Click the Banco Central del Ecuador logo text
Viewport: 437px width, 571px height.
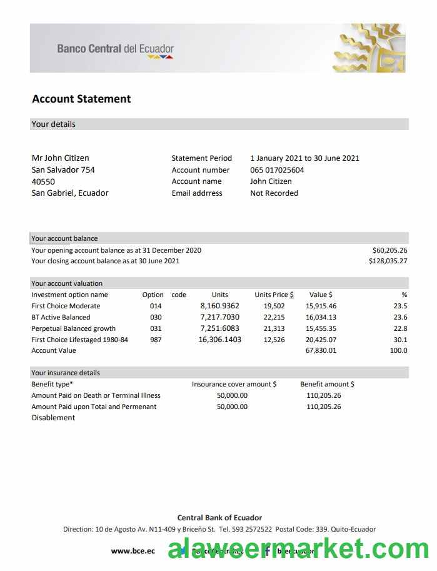coord(116,49)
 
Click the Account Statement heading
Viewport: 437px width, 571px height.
coord(81,99)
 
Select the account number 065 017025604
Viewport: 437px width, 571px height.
coord(277,170)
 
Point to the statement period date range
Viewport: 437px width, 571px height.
coord(304,158)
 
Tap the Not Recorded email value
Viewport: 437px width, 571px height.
coord(274,193)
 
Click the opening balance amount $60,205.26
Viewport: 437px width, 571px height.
coord(389,250)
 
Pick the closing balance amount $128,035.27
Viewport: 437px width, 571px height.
coord(388,261)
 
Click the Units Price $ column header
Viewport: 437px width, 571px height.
coord(274,295)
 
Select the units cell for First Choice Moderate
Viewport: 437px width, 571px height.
coord(219,306)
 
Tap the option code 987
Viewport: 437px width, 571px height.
coord(156,340)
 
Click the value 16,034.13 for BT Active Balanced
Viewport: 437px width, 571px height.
coord(321,317)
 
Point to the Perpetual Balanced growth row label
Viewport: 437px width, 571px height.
coord(73,328)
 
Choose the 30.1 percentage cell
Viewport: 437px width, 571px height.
coord(400,340)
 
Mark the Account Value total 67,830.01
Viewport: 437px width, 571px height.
coord(321,351)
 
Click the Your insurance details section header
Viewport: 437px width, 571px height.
coord(66,373)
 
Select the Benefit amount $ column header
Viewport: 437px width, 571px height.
coord(327,384)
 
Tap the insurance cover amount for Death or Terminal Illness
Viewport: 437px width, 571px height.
coord(232,395)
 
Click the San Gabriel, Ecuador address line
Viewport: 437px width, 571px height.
coord(70,193)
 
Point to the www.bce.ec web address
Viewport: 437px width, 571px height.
coord(133,551)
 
